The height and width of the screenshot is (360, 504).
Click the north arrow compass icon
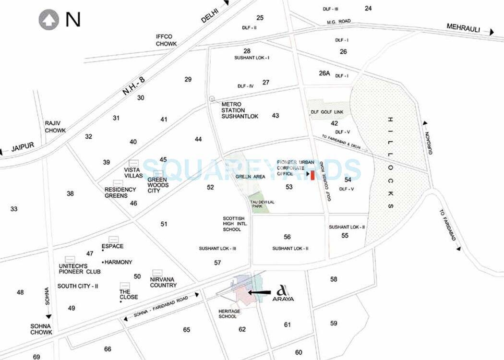48,20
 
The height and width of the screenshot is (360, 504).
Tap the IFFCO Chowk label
167,40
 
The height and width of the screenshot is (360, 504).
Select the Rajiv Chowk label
55,127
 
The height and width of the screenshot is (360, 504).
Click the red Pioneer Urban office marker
312,176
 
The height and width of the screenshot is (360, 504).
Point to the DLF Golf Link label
330,112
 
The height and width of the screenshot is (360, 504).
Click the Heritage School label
229,314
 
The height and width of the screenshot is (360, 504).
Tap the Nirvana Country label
163,282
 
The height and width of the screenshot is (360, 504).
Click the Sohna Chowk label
41,329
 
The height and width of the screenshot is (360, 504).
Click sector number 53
289,187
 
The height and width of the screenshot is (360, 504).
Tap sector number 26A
324,73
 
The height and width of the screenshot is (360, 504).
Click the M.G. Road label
339,22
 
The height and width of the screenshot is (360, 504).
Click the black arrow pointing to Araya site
259,292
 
